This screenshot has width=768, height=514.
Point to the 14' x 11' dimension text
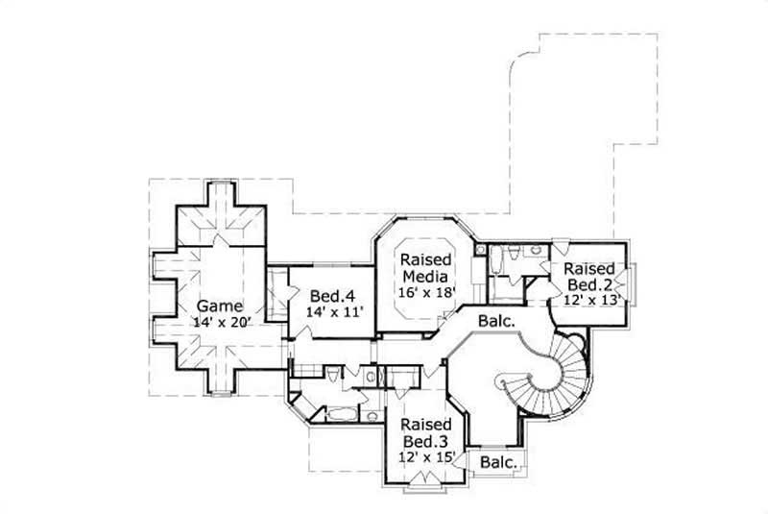click(328, 312)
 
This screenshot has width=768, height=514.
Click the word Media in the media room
click(426, 276)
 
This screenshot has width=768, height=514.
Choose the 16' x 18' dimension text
click(426, 293)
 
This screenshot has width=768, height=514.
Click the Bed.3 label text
click(426, 441)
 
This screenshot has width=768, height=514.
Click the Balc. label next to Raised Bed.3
click(498, 463)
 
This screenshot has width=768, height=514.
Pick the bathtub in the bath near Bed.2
click(496, 262)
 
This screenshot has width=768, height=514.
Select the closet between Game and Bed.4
click(275, 292)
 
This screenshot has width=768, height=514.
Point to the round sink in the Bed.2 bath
click(482, 250)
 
